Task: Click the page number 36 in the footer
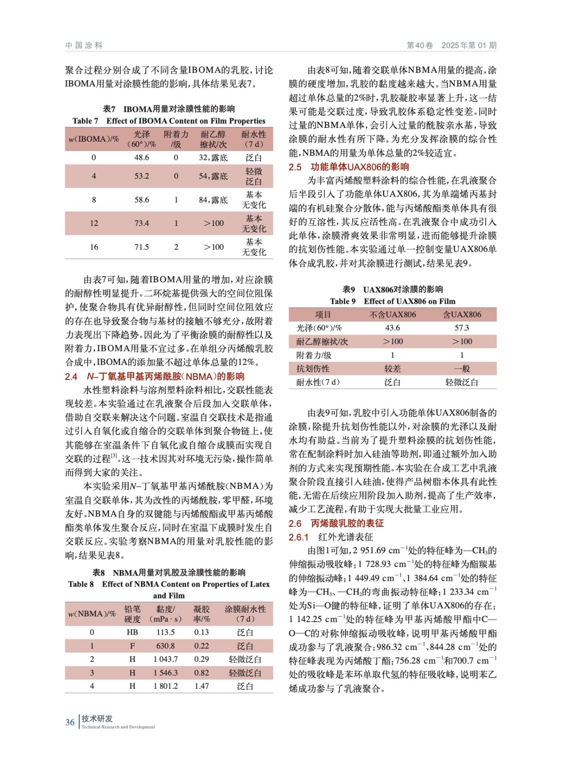point(70,722)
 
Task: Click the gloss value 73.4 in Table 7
point(142,223)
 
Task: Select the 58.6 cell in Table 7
point(142,200)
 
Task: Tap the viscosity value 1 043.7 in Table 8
point(165,659)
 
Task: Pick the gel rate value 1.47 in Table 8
point(202,686)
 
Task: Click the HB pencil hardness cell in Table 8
point(132,632)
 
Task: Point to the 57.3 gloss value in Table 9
point(462,328)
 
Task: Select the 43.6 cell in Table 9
point(393,328)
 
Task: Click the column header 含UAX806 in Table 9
point(462,315)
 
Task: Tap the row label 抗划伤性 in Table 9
point(313,369)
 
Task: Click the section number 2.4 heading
point(71,377)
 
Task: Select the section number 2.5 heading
point(295,167)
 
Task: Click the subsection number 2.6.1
point(299,537)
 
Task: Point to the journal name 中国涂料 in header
point(84,45)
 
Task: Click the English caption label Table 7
point(85,121)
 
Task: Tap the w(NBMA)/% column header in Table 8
point(92,614)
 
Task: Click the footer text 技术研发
point(97,719)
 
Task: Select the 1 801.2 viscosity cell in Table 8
point(165,686)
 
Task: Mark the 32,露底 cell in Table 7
point(213,158)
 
